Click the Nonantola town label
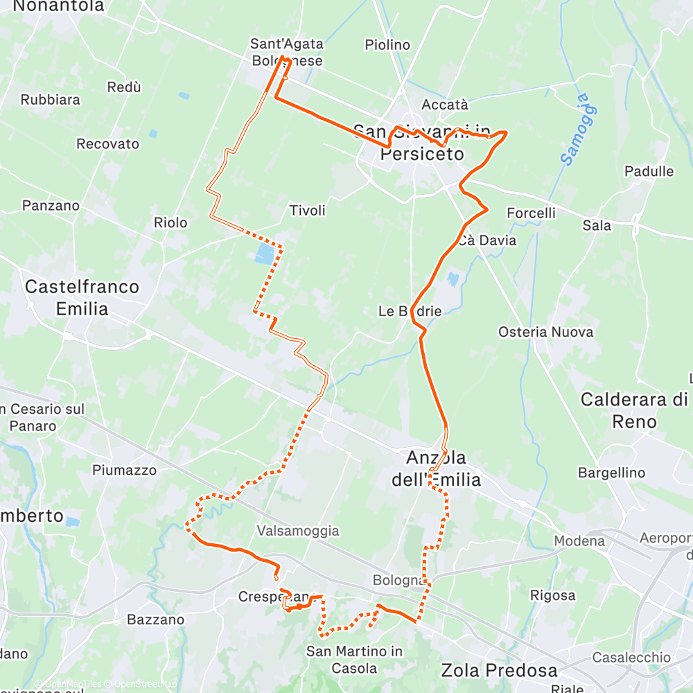[58, 7]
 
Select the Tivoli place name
[307, 210]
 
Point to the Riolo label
[170, 222]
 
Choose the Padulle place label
[649, 171]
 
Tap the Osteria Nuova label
[545, 332]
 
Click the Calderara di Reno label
[634, 410]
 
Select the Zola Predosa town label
[499, 670]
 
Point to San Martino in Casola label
[354, 659]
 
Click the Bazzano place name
[156, 619]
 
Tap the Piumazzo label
[124, 470]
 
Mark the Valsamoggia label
[297, 531]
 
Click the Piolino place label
[387, 45]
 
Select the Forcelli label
[531, 213]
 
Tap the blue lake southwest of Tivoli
[263, 254]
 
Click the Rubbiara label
[50, 99]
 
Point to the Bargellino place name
[611, 473]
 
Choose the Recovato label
[107, 144]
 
